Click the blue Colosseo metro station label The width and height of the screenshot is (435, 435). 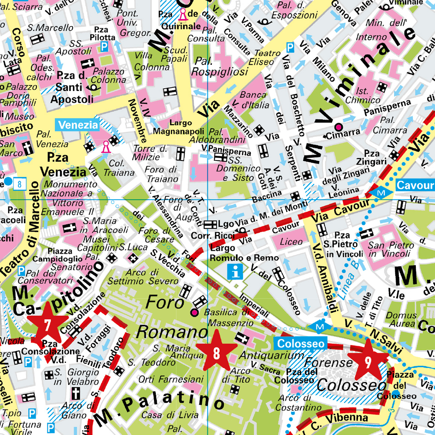(x=301, y=344)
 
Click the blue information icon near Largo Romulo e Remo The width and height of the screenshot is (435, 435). (x=236, y=272)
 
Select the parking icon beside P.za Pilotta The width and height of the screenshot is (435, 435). (x=104, y=47)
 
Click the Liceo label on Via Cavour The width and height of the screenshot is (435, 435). (x=291, y=241)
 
